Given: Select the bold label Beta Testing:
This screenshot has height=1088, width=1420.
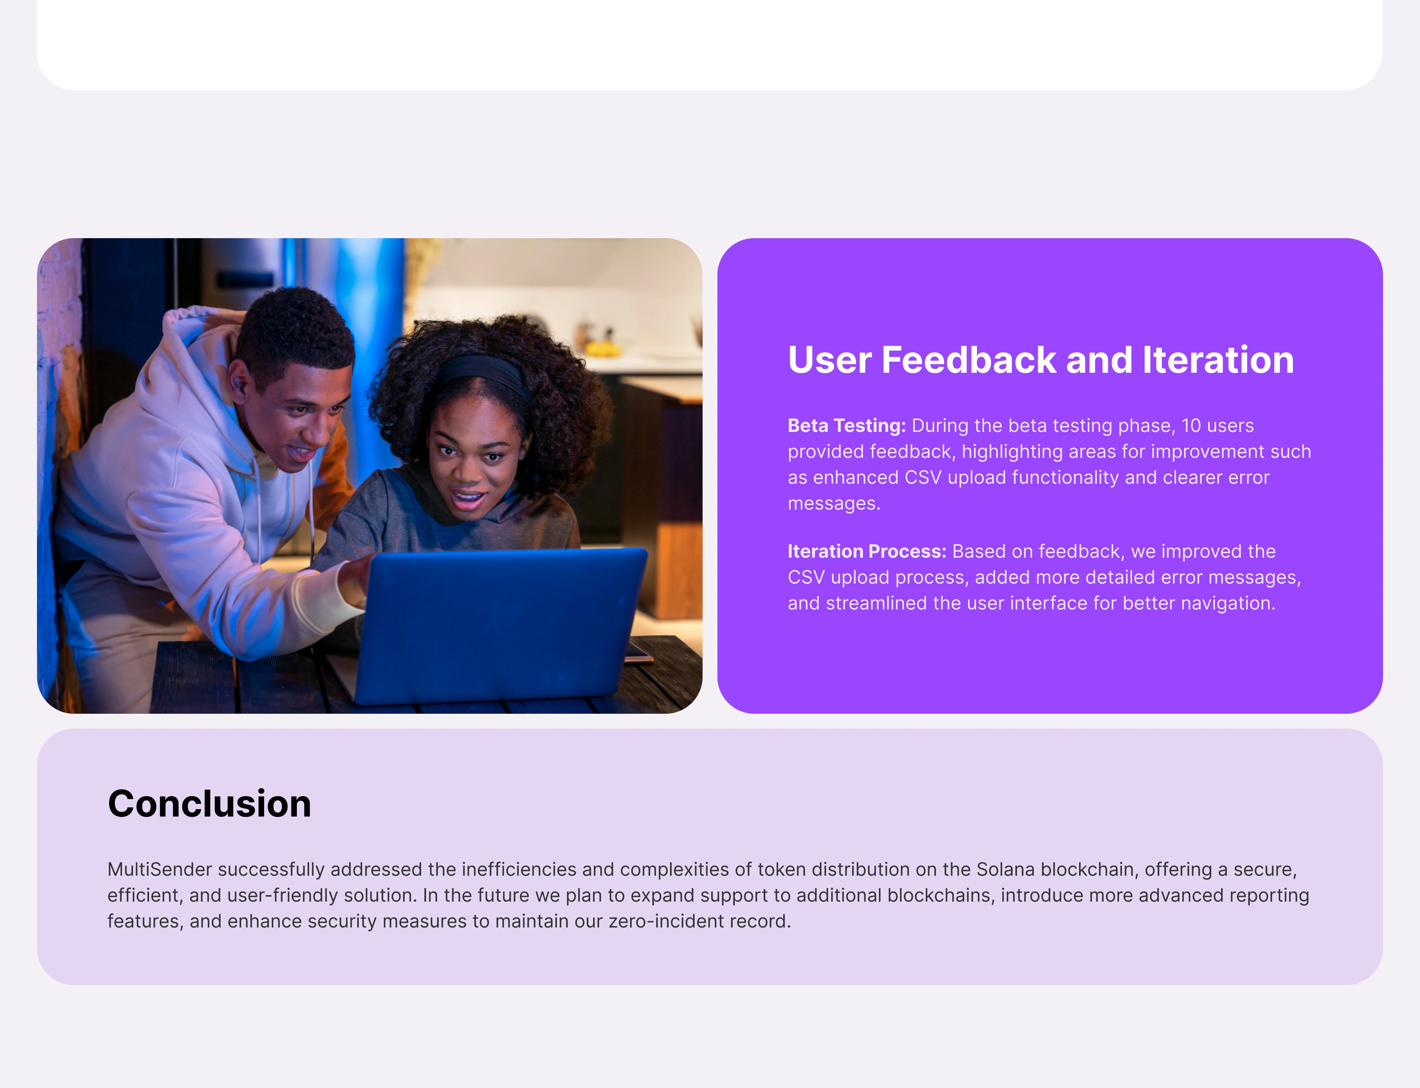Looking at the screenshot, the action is (846, 426).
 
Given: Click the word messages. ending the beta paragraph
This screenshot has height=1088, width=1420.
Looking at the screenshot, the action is (834, 503).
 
